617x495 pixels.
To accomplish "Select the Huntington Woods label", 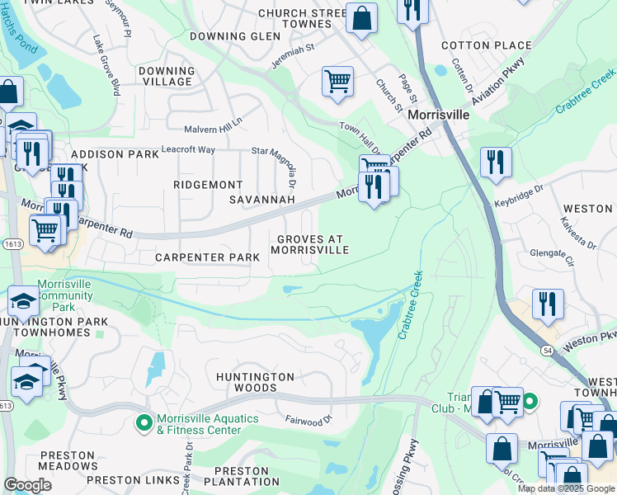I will (x=255, y=382).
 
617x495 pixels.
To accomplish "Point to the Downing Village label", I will (x=167, y=77).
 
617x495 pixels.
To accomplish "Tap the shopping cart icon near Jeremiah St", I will (x=337, y=82).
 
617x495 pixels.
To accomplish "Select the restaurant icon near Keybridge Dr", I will (x=495, y=162).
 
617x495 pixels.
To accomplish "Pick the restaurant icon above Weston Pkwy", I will (x=548, y=304).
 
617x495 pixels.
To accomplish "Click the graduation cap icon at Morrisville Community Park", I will (x=23, y=301).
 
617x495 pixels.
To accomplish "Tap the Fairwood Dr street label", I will (x=308, y=419).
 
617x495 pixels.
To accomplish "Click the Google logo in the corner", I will (x=27, y=485).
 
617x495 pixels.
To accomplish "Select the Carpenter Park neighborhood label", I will (x=208, y=257).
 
